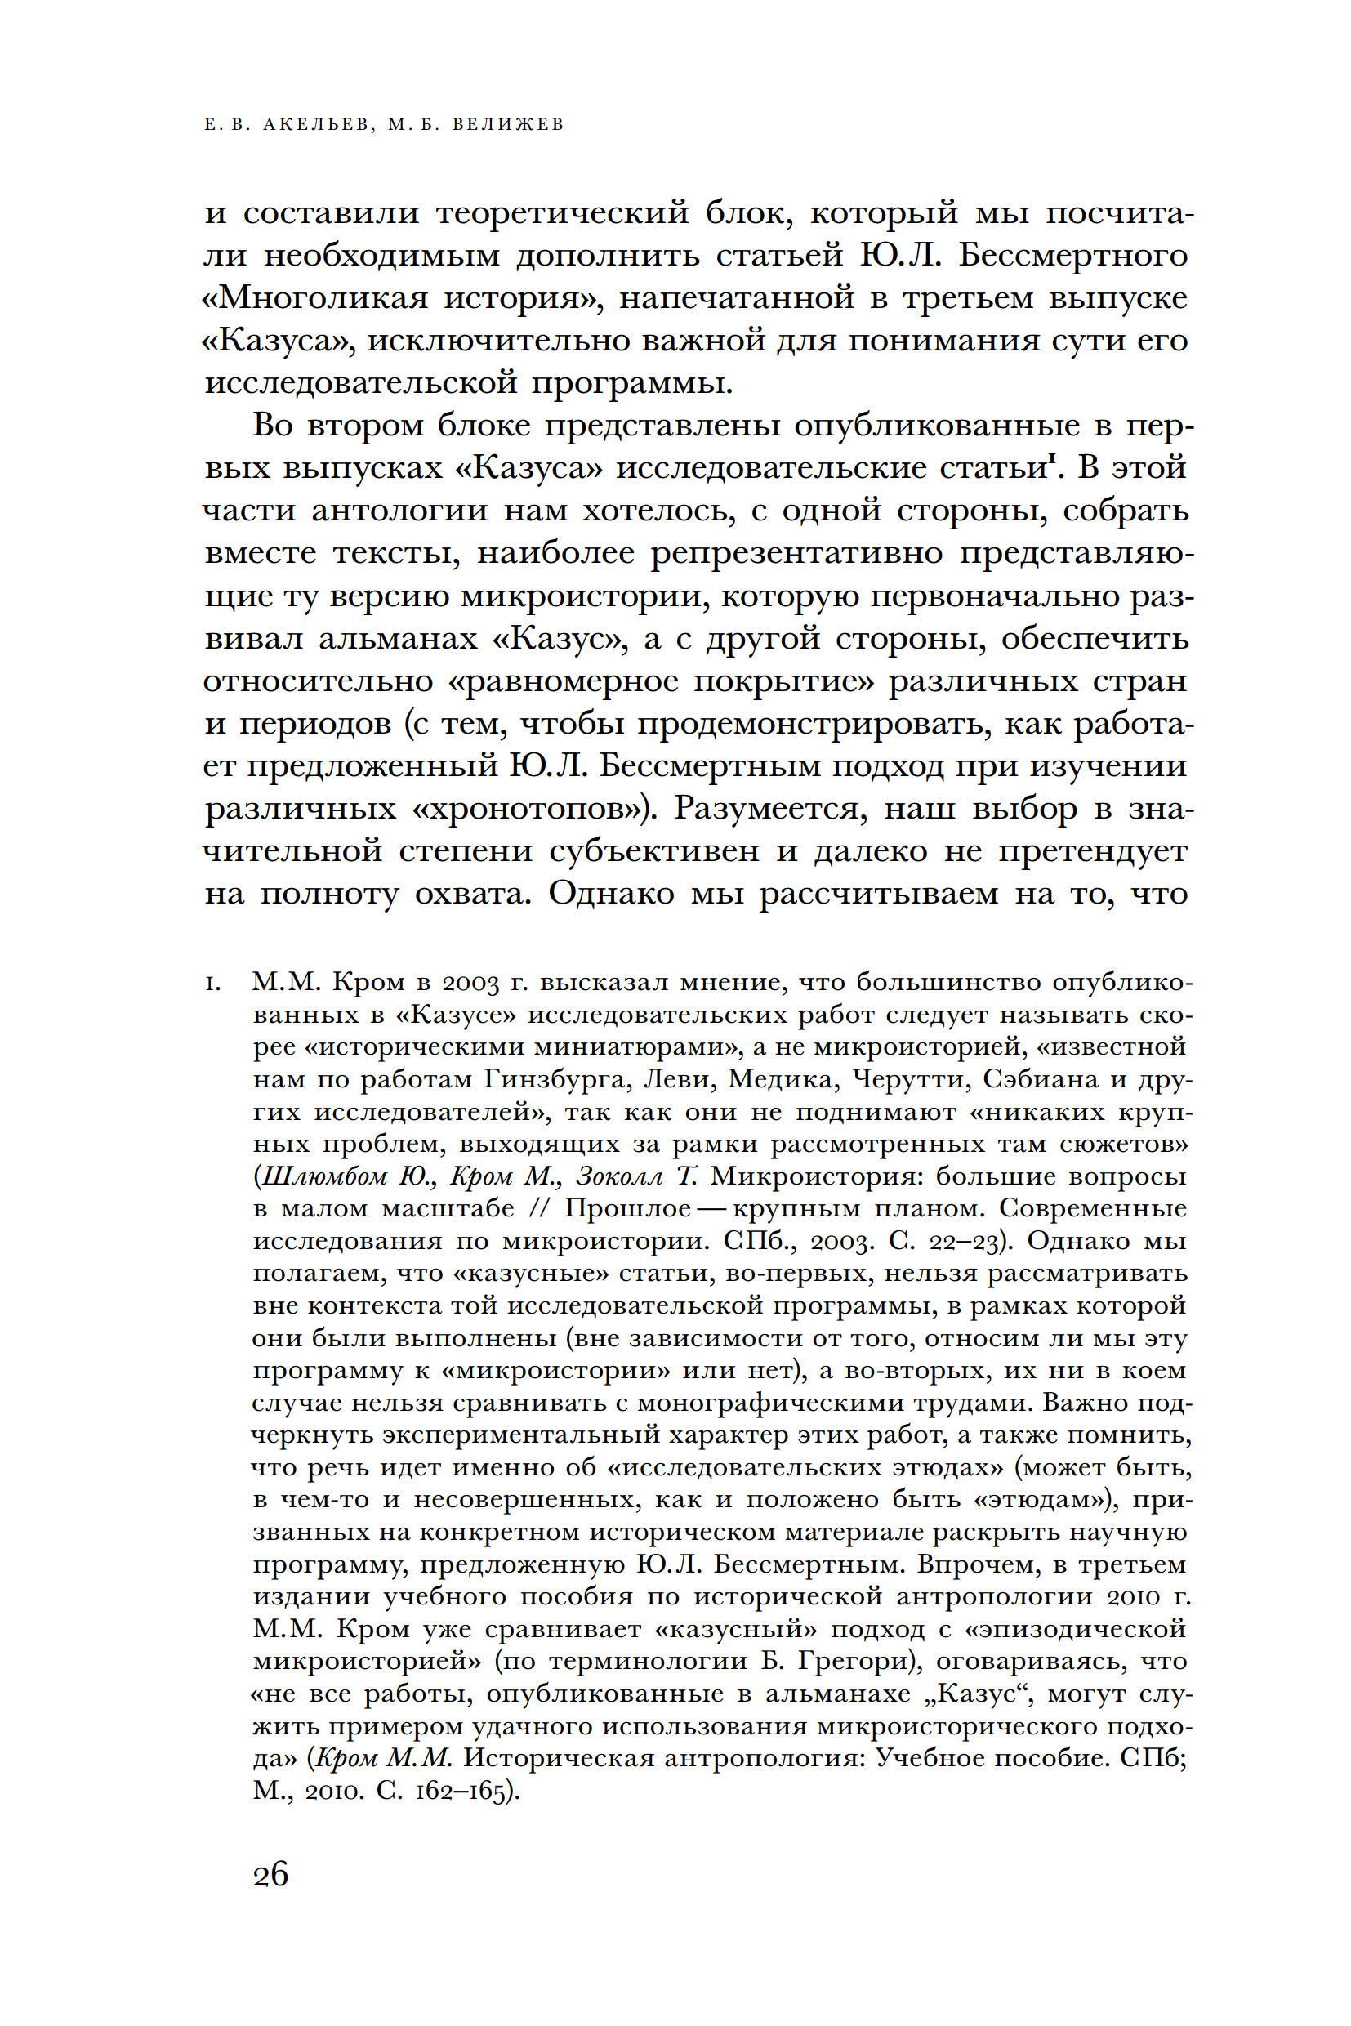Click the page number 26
[270, 1874]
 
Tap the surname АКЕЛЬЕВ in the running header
[318, 125]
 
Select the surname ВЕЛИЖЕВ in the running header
[507, 125]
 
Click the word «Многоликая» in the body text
[315, 298]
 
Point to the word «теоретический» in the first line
[563, 213]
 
